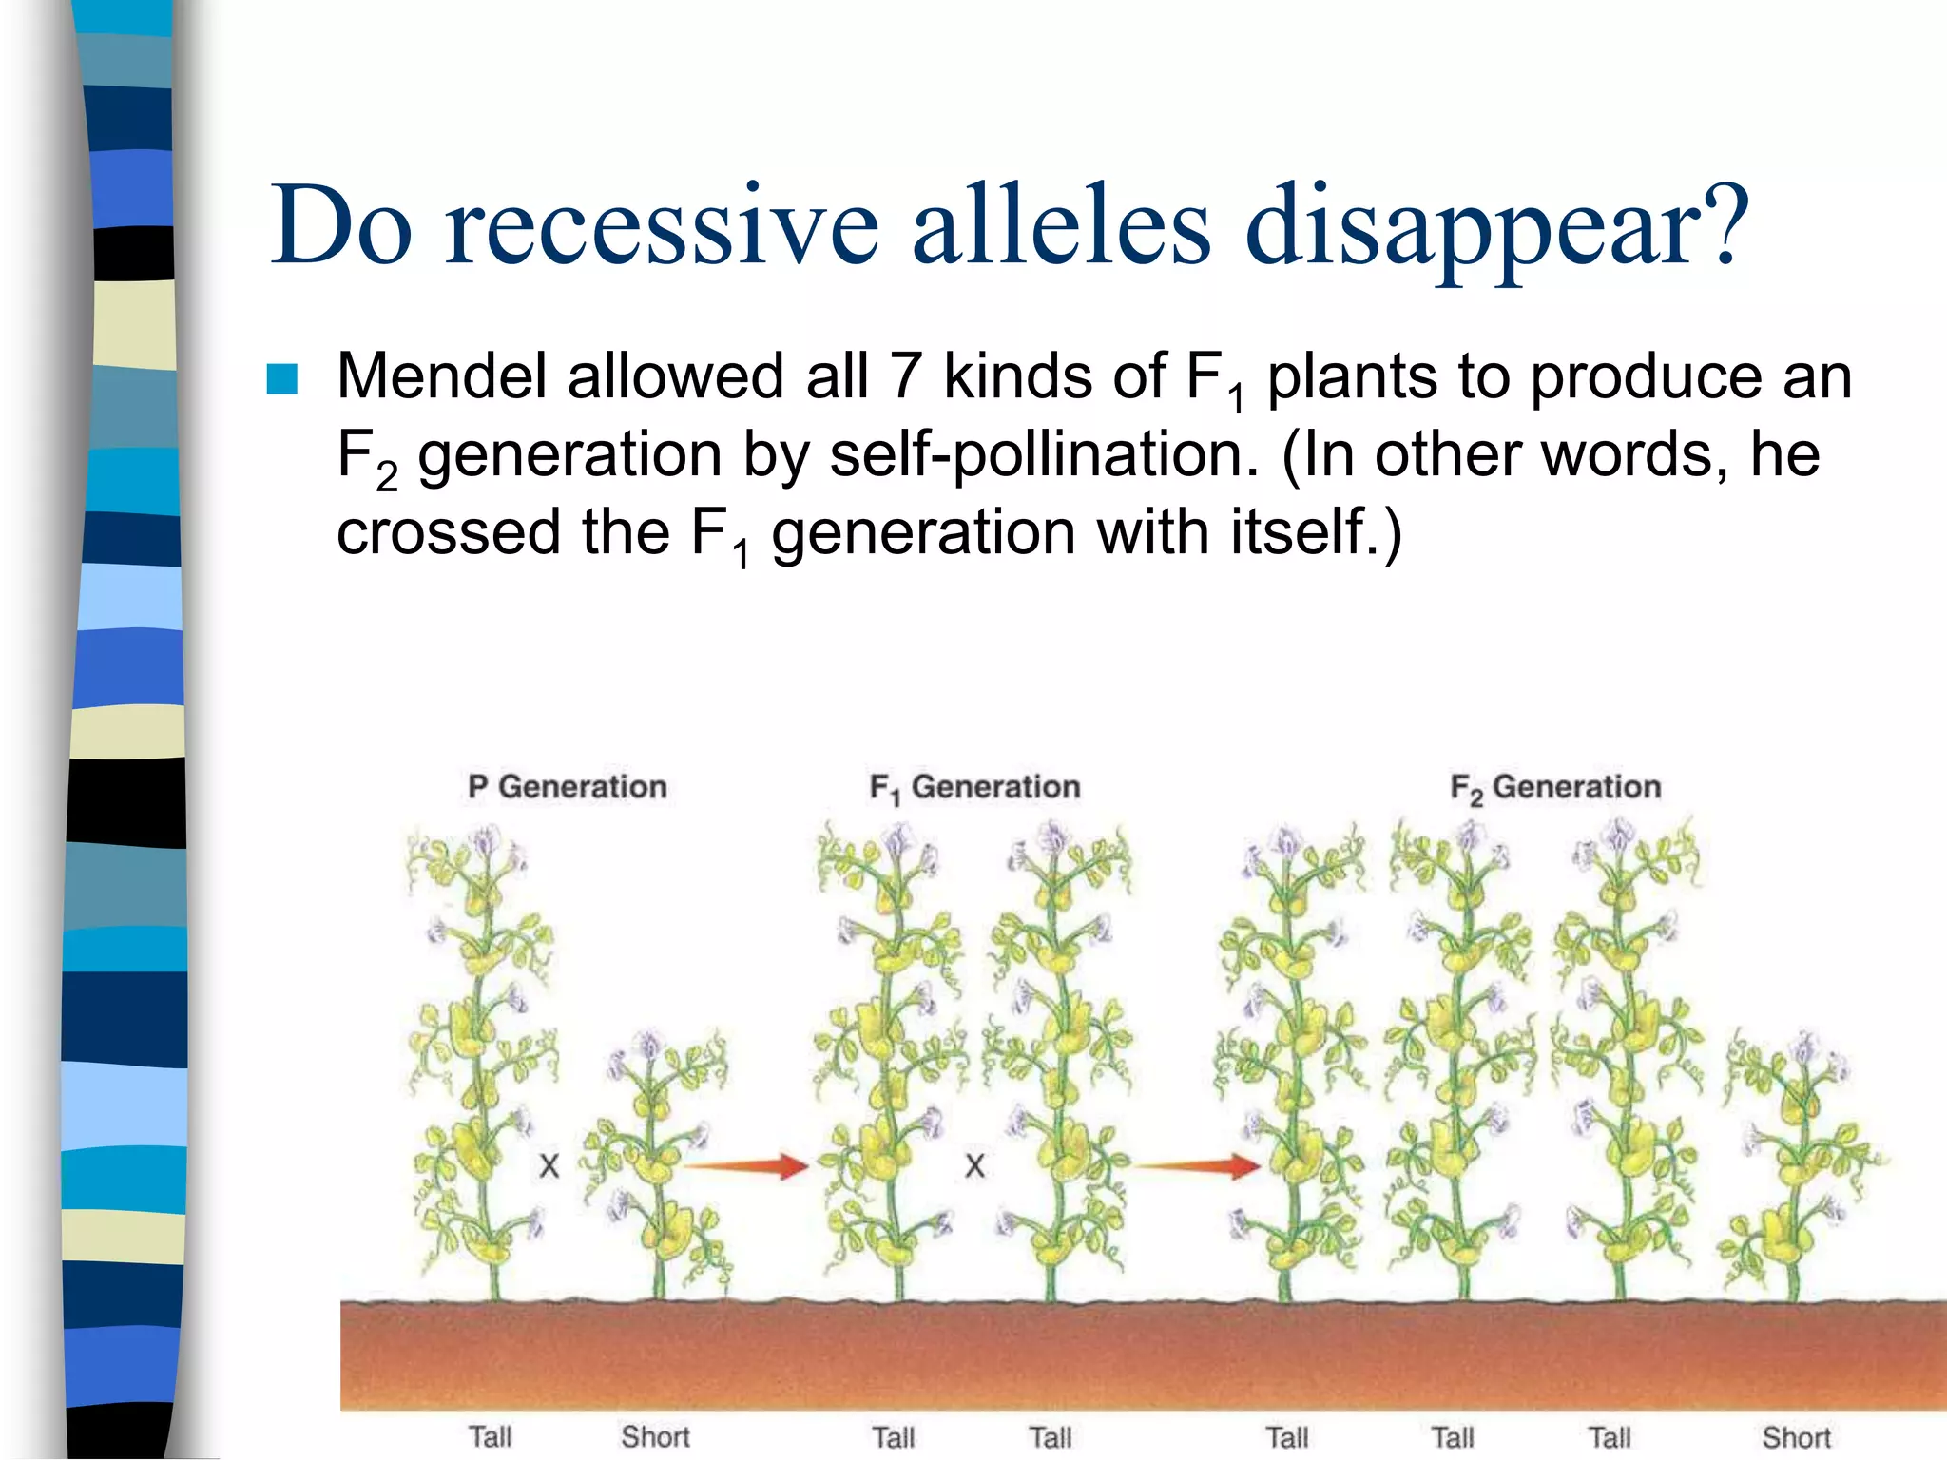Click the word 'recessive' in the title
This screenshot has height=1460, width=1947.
coord(663,226)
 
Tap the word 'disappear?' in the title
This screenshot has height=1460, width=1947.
coord(1497,226)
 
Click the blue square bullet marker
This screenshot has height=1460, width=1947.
coord(282,378)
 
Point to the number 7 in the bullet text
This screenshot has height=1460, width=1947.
coord(904,376)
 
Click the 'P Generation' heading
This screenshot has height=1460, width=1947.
coord(568,787)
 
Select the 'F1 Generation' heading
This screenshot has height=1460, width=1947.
coord(974,788)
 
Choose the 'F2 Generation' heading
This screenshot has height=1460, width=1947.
coord(1555,788)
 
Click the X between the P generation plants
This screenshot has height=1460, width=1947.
coord(549,1166)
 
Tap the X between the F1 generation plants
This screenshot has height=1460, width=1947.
coord(974,1166)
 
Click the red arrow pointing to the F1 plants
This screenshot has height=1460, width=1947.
coord(746,1165)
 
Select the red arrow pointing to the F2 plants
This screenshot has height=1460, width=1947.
coord(1199,1165)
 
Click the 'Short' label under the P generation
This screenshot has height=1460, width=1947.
coord(655,1436)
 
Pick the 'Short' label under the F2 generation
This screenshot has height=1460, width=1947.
coord(1796,1437)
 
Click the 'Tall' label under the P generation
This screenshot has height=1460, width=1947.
coord(490,1436)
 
